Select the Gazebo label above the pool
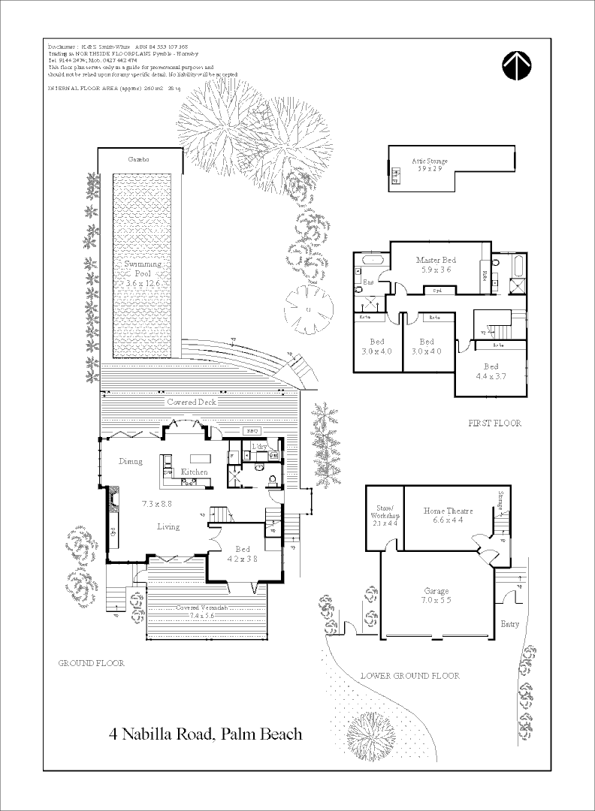(x=138, y=160)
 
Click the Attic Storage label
(x=430, y=165)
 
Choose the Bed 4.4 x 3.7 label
(x=491, y=371)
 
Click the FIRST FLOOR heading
(x=494, y=424)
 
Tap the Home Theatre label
(x=448, y=514)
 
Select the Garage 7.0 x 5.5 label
(x=436, y=595)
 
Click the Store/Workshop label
(x=384, y=519)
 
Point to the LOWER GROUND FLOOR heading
(x=409, y=676)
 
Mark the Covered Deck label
(x=192, y=402)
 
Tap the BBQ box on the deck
(x=252, y=431)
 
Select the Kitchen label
(x=195, y=472)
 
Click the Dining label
(x=130, y=462)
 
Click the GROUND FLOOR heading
(x=92, y=663)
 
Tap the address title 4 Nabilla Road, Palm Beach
(x=205, y=734)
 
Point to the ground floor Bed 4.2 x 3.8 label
(x=243, y=554)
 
